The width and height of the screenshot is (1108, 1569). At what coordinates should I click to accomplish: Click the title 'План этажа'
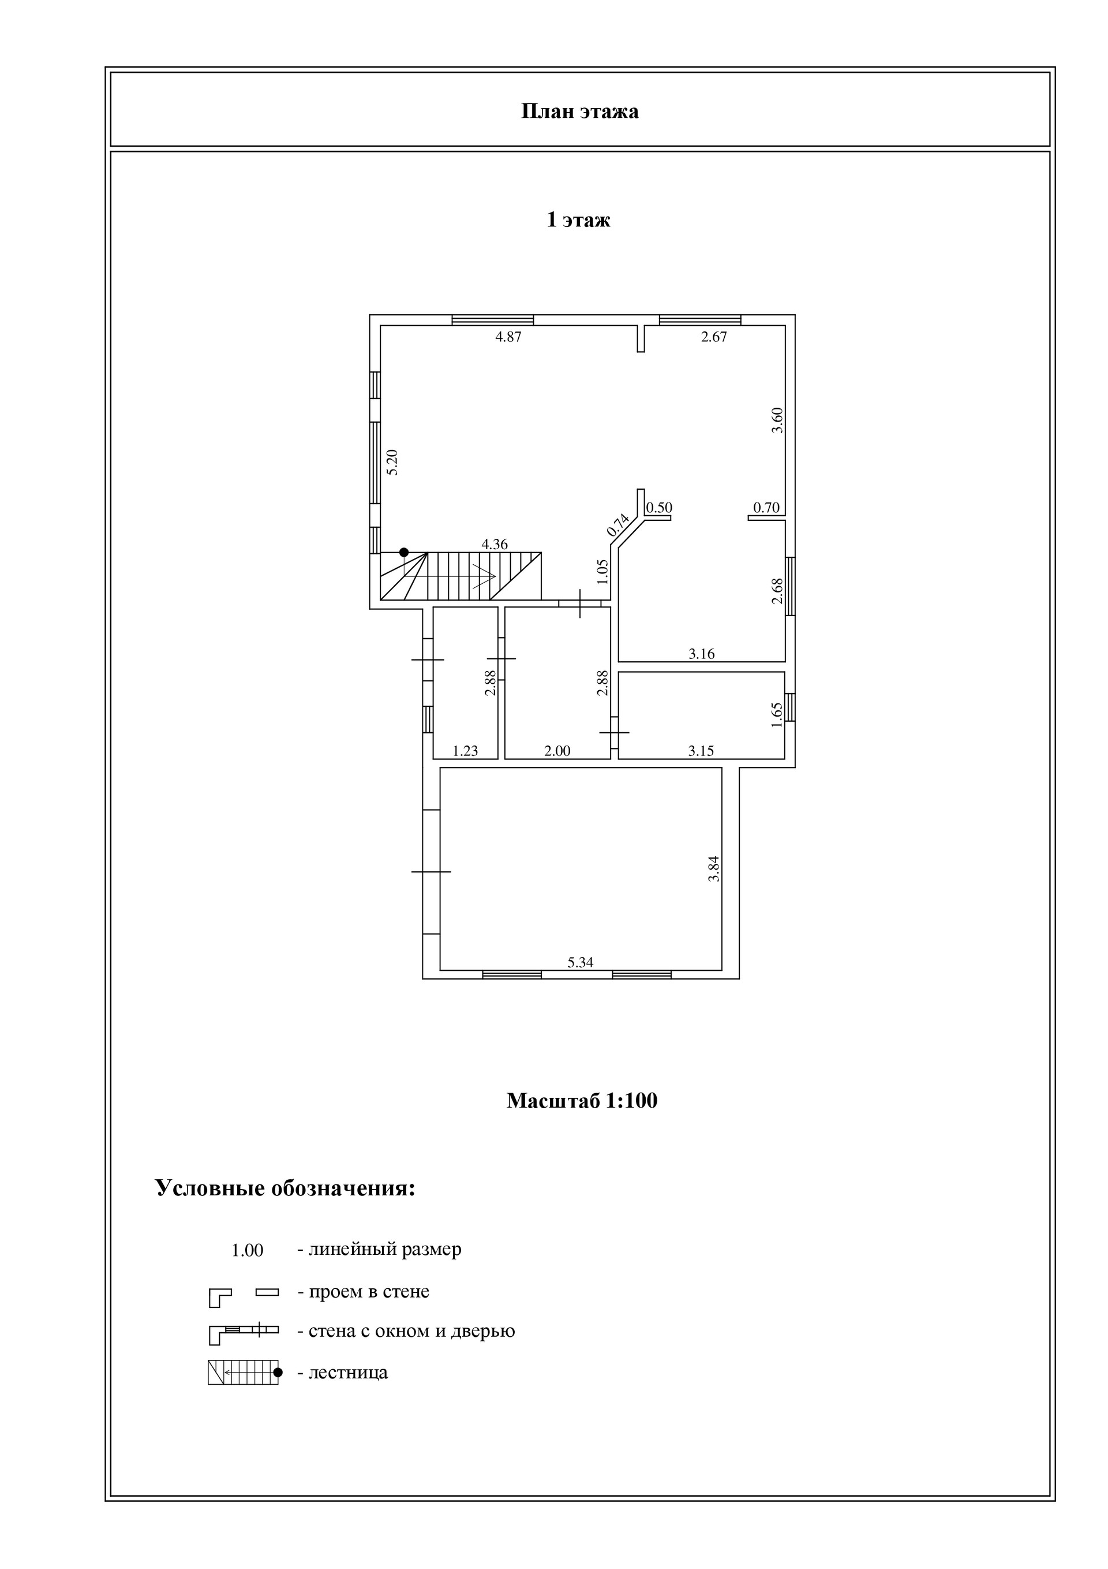point(579,111)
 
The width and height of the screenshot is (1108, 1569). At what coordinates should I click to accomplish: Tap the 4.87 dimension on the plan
point(508,337)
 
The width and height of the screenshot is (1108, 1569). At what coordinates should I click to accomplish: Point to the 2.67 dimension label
point(714,337)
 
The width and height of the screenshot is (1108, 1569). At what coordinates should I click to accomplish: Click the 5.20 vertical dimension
point(392,462)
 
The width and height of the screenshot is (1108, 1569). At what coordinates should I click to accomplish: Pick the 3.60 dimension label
point(777,420)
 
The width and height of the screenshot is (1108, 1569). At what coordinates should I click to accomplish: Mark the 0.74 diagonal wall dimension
point(617,524)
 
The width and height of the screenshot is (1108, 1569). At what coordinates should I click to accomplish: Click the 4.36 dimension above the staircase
point(495,545)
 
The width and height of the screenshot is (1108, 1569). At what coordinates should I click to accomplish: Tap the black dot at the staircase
point(404,552)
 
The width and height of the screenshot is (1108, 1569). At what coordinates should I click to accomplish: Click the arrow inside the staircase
point(484,576)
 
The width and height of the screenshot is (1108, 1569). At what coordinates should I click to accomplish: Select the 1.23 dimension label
point(465,751)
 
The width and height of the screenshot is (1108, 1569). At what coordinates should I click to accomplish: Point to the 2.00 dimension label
point(557,751)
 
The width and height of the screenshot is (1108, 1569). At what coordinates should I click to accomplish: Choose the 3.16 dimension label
point(702,654)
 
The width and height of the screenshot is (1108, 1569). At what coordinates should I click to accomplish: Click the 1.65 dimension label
point(777,715)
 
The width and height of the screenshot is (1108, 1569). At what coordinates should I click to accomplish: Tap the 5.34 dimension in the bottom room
point(580,963)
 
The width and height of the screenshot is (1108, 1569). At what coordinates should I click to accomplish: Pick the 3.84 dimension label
point(714,869)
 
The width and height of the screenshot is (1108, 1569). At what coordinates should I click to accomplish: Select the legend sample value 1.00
point(248,1251)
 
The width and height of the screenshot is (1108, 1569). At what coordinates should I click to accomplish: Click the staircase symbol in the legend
point(243,1372)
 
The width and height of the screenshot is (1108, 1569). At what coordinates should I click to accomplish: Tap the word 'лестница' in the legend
point(348,1372)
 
